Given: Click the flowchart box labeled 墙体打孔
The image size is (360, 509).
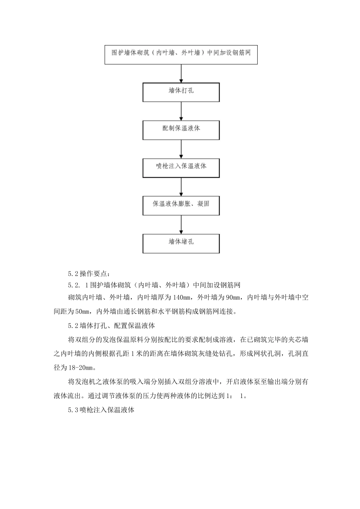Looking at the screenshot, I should tap(181, 92).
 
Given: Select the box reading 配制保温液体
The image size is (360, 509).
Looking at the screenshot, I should tap(181, 130).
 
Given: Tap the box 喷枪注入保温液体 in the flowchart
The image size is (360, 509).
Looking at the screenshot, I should tap(181, 167).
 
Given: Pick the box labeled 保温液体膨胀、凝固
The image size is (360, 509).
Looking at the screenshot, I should tap(181, 205).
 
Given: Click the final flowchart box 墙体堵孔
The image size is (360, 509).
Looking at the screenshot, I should tap(181, 243).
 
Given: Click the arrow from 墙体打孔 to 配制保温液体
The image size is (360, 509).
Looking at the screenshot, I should tap(181, 111).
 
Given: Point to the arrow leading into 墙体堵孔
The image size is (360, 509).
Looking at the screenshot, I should tap(181, 225).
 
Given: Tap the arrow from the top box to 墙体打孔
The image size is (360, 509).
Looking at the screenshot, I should tap(181, 73).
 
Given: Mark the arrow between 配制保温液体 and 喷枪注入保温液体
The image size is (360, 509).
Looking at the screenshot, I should tap(181, 149).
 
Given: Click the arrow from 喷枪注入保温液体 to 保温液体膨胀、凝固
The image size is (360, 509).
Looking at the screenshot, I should tap(181, 187).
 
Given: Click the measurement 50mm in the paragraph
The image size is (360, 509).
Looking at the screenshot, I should tap(81, 312).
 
